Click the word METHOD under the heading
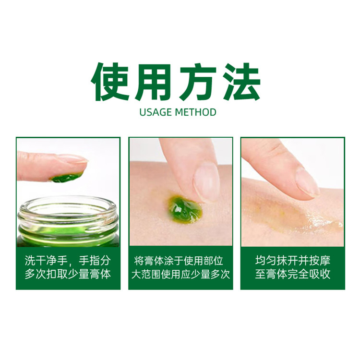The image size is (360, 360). (195, 112)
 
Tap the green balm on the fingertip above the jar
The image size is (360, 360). (66, 178)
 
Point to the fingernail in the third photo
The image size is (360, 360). (308, 182)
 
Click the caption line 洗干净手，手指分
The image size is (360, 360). (68, 261)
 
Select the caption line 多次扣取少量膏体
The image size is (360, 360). (68, 274)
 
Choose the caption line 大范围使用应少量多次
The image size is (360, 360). (180, 274)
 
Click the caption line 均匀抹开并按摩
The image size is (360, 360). (293, 261)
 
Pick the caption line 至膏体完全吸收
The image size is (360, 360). (293, 274)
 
